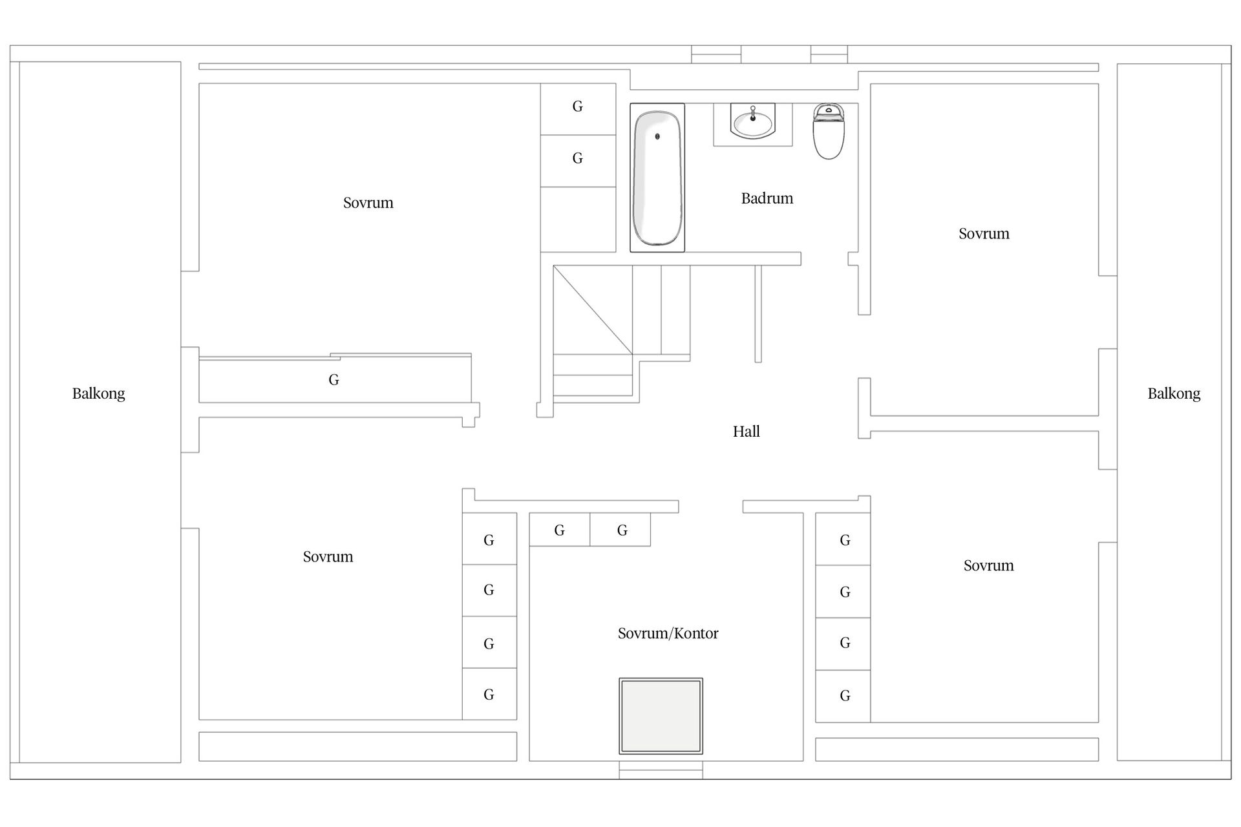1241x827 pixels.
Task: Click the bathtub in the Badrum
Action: [657, 178]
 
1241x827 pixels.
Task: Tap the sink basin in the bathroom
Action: [752, 122]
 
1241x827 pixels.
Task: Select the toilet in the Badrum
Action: [829, 131]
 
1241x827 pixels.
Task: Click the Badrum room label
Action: [767, 198]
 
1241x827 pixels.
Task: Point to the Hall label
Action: [747, 432]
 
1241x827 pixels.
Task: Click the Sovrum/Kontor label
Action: [668, 633]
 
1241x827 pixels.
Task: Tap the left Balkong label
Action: [98, 393]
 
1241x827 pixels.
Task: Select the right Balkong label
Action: [1174, 393]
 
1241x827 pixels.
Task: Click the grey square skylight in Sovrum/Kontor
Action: [661, 716]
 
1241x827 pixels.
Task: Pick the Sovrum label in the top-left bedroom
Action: [368, 203]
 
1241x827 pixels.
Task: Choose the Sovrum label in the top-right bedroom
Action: [984, 234]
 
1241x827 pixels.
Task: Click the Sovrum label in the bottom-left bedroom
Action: [328, 557]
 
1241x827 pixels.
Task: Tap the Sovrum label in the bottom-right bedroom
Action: [989, 566]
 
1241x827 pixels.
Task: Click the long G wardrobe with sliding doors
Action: [335, 379]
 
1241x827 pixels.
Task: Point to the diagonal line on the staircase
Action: [593, 310]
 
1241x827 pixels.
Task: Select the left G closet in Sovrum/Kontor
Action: [560, 530]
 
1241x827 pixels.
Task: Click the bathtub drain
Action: [658, 136]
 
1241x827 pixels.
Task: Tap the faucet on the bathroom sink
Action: [753, 113]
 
